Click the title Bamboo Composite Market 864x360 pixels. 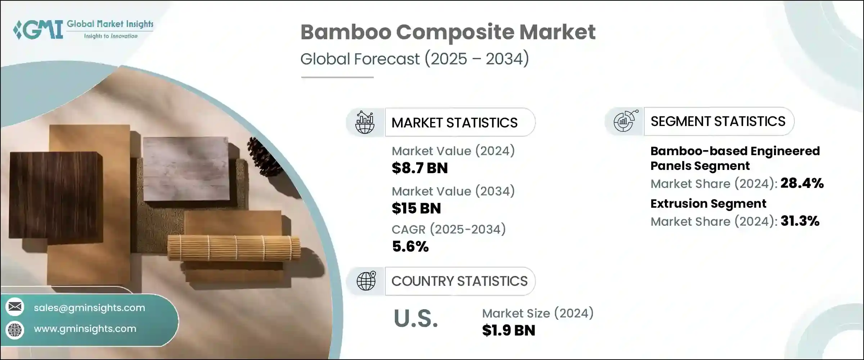pyautogui.click(x=448, y=32)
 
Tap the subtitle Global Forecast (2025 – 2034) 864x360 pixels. pyautogui.click(x=415, y=59)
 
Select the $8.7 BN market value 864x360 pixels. pyautogui.click(x=420, y=168)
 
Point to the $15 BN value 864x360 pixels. pyautogui.click(x=416, y=208)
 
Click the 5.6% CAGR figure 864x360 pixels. pyautogui.click(x=410, y=247)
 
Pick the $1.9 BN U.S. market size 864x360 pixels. pyautogui.click(x=509, y=330)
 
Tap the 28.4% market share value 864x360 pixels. pyautogui.click(x=802, y=183)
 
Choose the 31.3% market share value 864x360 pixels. pyautogui.click(x=800, y=221)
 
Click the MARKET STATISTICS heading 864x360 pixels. pyautogui.click(x=454, y=123)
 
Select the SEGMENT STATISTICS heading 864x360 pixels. pyautogui.click(x=718, y=121)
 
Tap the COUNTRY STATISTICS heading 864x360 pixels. pyautogui.click(x=459, y=281)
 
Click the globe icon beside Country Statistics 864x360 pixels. pyautogui.click(x=366, y=281)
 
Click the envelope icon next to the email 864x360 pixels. pyautogui.click(x=15, y=307)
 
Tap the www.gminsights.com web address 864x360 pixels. pyautogui.click(x=85, y=329)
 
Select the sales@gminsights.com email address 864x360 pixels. pyautogui.click(x=89, y=308)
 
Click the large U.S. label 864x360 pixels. pyautogui.click(x=416, y=319)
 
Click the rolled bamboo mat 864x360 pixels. pyautogui.click(x=234, y=248)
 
